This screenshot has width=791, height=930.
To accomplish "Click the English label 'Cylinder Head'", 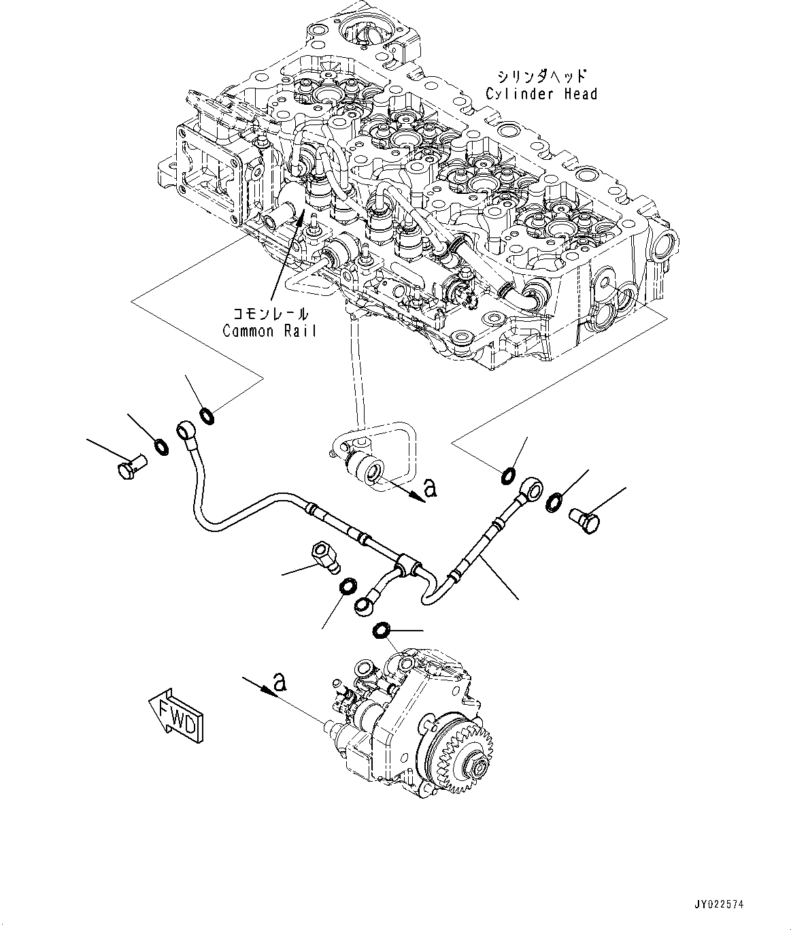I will pyautogui.click(x=541, y=94).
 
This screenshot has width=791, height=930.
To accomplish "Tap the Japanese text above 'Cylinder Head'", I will pyautogui.click(x=541, y=76).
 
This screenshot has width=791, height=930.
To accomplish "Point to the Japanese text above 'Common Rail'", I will pyautogui.click(x=270, y=314).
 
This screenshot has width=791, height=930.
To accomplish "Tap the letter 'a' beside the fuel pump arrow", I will pyautogui.click(x=277, y=680).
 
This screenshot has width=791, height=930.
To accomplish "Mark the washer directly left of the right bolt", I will pyautogui.click(x=554, y=501).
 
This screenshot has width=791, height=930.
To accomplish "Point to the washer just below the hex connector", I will pyautogui.click(x=347, y=585).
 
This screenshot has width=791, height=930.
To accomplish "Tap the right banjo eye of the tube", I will pyautogui.click(x=531, y=487).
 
